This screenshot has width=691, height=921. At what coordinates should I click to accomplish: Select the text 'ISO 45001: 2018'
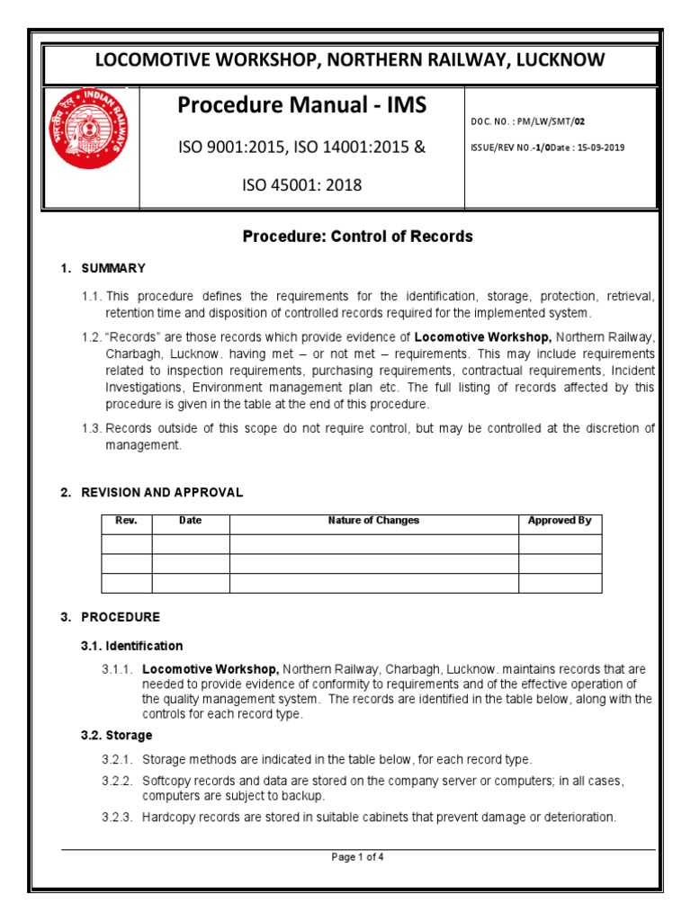click(301, 185)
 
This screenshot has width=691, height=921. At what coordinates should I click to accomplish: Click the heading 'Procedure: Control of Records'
click(358, 237)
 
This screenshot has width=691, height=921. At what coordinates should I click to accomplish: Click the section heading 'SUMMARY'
click(113, 268)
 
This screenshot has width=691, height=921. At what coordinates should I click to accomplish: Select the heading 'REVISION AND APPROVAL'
click(162, 493)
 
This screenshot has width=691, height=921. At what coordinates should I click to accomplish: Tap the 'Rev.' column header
click(126, 522)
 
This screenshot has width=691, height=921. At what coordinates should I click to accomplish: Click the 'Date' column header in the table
click(191, 522)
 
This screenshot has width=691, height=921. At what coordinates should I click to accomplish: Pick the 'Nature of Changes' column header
click(373, 522)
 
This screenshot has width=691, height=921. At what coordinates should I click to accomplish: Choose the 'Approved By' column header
click(560, 522)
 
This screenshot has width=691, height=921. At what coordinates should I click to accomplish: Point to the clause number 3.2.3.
click(117, 818)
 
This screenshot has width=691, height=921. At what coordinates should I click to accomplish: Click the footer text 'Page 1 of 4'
click(358, 857)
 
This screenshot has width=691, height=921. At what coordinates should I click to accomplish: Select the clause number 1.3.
click(92, 429)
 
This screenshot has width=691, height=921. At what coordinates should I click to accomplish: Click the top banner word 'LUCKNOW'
click(559, 60)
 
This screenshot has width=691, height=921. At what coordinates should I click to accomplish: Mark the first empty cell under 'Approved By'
click(560, 543)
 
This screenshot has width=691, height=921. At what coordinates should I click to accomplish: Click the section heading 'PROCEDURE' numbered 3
click(121, 617)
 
